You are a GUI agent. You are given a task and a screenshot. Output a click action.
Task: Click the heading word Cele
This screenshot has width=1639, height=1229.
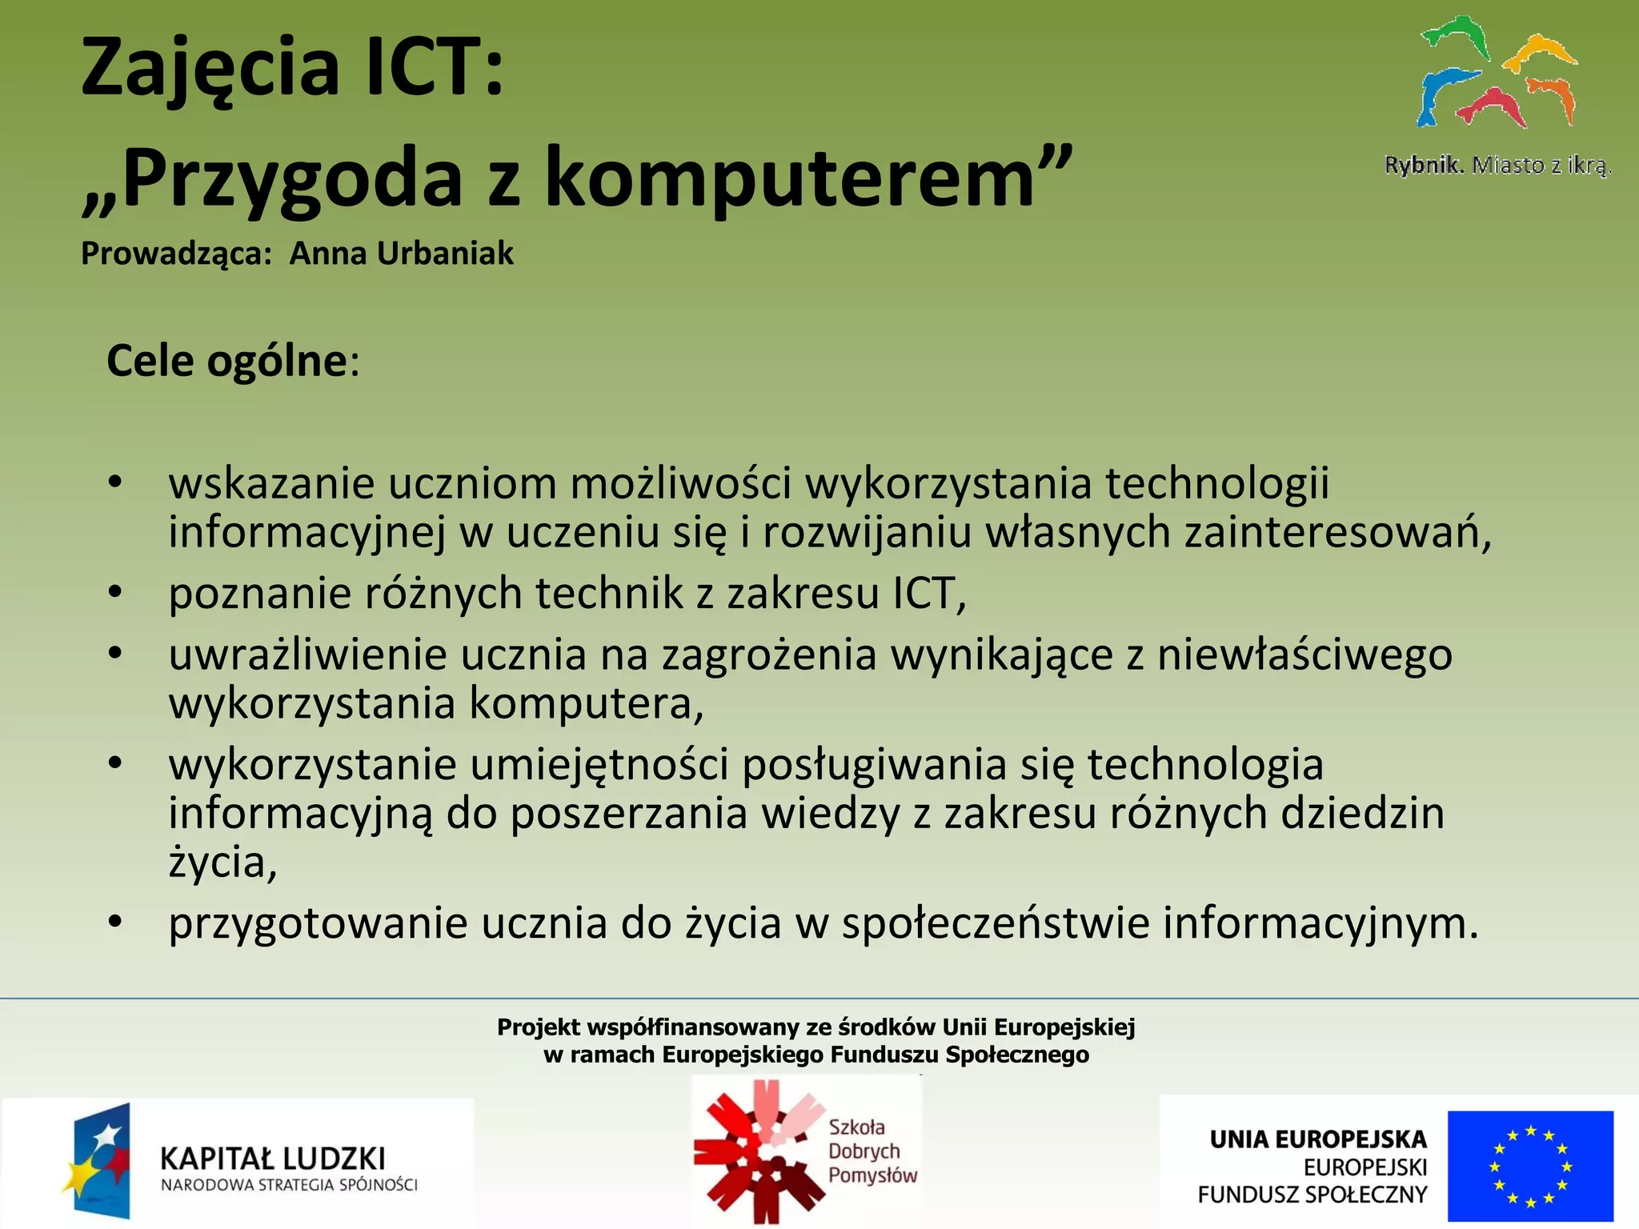pos(150,361)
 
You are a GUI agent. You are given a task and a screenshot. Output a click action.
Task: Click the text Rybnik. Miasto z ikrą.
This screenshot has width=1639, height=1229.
pos(1497,166)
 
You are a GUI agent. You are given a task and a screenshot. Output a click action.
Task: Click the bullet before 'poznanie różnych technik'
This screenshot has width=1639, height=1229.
pos(115,593)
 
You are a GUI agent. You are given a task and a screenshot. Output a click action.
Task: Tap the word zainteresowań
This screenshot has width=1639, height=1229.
pos(1336,533)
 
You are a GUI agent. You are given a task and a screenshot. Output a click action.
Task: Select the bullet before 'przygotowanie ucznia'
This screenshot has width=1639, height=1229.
pos(115,923)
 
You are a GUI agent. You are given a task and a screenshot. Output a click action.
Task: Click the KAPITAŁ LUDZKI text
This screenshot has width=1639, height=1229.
pos(272,1158)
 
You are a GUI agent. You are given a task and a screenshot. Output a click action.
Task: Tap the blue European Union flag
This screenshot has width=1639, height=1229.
pos(1529,1165)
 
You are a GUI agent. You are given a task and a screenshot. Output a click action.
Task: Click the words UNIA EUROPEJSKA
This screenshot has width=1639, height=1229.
pos(1317,1139)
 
